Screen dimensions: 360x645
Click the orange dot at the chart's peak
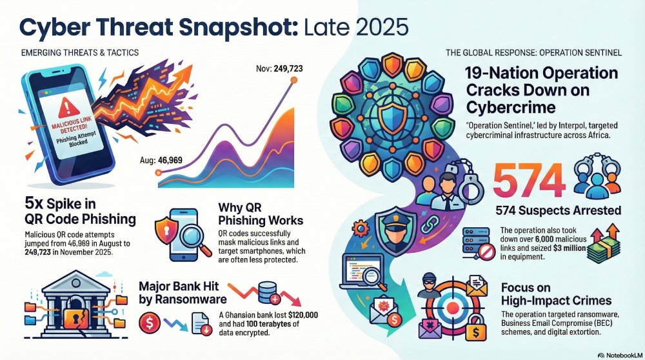coord(294,80)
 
